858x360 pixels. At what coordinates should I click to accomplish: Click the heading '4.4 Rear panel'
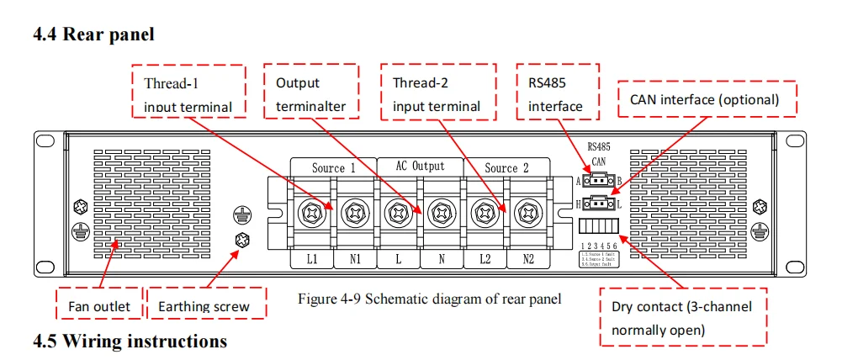pos(93,34)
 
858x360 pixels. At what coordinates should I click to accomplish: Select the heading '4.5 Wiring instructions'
pos(130,341)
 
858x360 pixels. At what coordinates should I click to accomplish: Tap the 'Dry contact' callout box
pos(682,317)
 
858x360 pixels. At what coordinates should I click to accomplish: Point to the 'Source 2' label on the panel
pos(507,167)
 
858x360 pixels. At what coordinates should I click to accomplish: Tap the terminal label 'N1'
pos(354,260)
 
